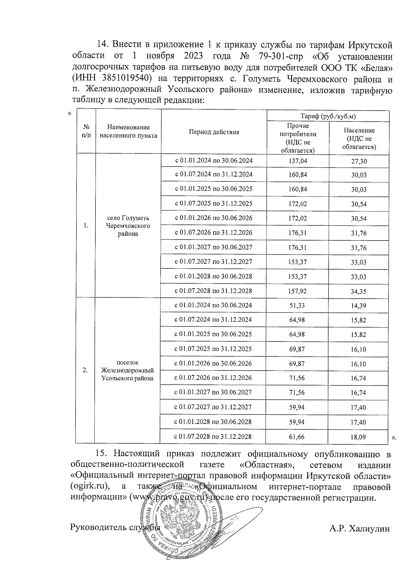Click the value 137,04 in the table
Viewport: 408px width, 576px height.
(x=297, y=161)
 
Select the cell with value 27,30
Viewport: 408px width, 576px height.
(x=359, y=161)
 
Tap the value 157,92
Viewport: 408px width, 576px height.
(x=297, y=291)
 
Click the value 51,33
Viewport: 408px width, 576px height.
(x=297, y=305)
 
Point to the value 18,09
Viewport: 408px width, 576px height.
(x=358, y=437)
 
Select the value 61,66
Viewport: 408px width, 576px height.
(x=297, y=436)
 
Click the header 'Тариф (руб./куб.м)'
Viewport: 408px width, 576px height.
(x=328, y=116)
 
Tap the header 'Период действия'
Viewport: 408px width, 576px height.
(x=214, y=132)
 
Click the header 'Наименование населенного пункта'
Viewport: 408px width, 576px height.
(x=128, y=132)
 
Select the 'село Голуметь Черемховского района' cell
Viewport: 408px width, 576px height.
(x=128, y=226)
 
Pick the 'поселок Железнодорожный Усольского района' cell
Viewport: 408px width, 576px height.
(x=128, y=370)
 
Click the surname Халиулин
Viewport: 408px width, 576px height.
(x=370, y=528)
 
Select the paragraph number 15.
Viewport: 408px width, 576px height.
(x=102, y=453)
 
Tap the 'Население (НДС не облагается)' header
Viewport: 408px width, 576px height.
(x=359, y=138)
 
